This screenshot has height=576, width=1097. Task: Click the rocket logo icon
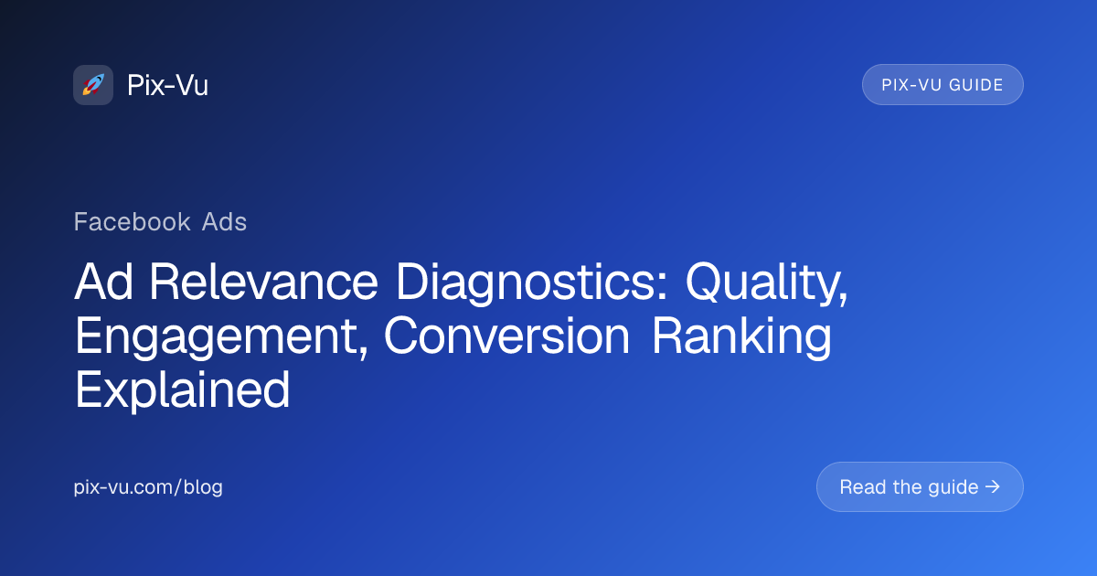pyautogui.click(x=93, y=85)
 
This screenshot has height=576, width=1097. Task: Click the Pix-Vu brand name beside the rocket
pyautogui.click(x=167, y=85)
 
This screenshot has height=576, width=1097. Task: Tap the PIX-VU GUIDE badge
pyautogui.click(x=943, y=85)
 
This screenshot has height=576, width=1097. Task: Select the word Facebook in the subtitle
pyautogui.click(x=132, y=221)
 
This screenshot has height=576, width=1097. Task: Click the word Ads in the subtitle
pyautogui.click(x=224, y=221)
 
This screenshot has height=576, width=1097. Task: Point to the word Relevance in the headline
pyautogui.click(x=263, y=282)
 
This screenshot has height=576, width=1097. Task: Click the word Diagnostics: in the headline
pyautogui.click(x=532, y=283)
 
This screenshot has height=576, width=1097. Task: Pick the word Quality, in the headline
pyautogui.click(x=766, y=283)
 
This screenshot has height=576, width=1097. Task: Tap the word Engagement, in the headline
pyautogui.click(x=221, y=337)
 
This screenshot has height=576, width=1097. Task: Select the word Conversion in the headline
pyautogui.click(x=506, y=336)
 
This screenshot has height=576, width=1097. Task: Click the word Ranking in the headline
pyautogui.click(x=741, y=337)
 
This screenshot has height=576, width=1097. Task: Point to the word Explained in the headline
pyautogui.click(x=182, y=390)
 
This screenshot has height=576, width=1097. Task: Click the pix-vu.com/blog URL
pyautogui.click(x=148, y=486)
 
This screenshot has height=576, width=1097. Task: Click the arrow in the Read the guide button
pyautogui.click(x=992, y=486)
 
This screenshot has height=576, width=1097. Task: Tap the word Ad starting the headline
pyautogui.click(x=103, y=282)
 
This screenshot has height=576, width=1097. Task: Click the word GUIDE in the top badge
pyautogui.click(x=976, y=85)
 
